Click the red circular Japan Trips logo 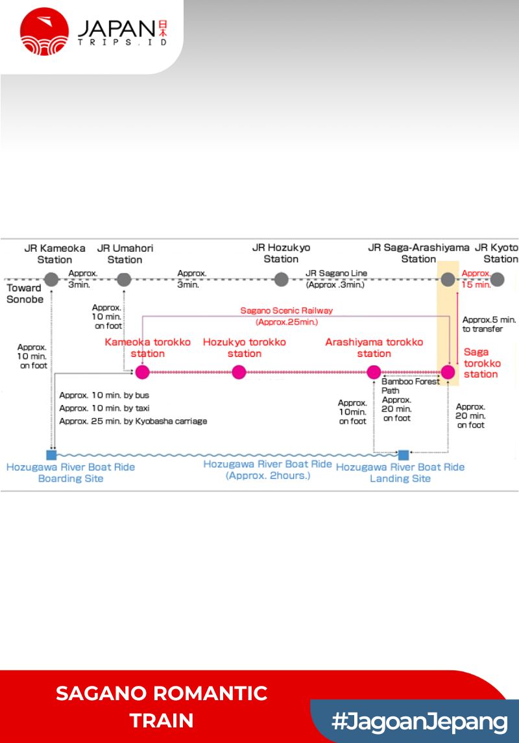tap(44, 31)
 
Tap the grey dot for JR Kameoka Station tap(52, 280)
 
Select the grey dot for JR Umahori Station tap(124, 280)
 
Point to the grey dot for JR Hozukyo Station tap(281, 280)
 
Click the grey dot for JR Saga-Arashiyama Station tap(448, 280)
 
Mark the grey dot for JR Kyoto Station tap(497, 280)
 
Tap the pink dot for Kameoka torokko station tap(142, 372)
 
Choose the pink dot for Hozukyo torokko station tap(239, 372)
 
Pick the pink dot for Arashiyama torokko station tap(374, 372)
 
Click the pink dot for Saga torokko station tap(448, 372)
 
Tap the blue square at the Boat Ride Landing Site tap(404, 454)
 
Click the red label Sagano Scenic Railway tap(286, 311)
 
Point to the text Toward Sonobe tap(24, 293)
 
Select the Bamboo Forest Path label tap(410, 386)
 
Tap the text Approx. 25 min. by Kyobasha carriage tap(133, 421)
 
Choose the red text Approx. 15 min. tap(476, 279)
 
